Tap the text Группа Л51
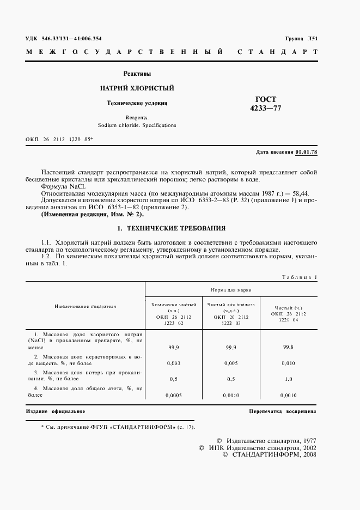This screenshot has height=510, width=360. pos(301,39)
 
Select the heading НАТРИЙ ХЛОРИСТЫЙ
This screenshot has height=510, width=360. pos(137,88)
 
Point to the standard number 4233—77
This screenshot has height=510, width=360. pos(266,108)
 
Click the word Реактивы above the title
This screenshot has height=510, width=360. pos(137,74)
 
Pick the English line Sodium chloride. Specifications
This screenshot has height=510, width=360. pos(137,125)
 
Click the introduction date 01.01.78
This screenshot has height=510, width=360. pos(306,151)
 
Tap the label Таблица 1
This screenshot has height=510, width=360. pos(299,277)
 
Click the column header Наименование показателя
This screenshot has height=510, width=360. pos(86,306)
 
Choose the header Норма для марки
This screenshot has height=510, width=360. pos(231,290)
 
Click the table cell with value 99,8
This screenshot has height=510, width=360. pos(288,346)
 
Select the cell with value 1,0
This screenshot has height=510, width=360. pos(288,379)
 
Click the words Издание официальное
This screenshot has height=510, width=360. pos(56,411)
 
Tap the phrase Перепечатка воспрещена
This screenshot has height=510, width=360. pos(282,411)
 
